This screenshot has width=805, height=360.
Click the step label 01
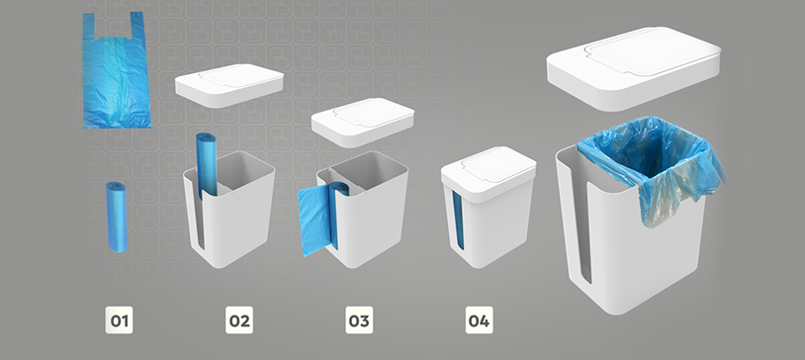pos(119,320)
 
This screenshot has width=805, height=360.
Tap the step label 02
pos(239,320)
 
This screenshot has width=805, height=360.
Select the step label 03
pos(359,320)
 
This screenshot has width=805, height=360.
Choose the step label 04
pos(479,320)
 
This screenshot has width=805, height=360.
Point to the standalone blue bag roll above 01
pos(117,217)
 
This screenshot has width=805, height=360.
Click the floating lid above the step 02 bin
pos(229,85)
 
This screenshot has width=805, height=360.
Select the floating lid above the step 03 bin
pos(363,123)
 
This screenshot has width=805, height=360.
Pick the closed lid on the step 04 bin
pos(489,175)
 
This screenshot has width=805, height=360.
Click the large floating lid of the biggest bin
pos(634,68)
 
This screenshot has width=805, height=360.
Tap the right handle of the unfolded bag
pos(136,25)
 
